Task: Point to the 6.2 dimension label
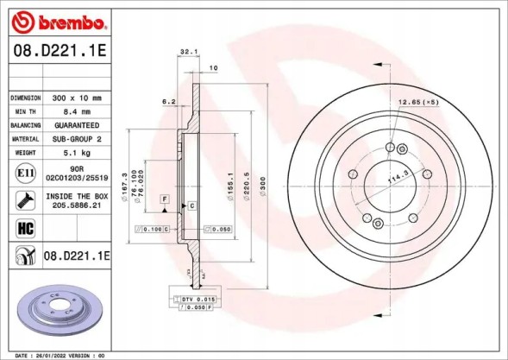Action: (x=169, y=102)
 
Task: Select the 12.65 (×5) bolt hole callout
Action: (x=418, y=102)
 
